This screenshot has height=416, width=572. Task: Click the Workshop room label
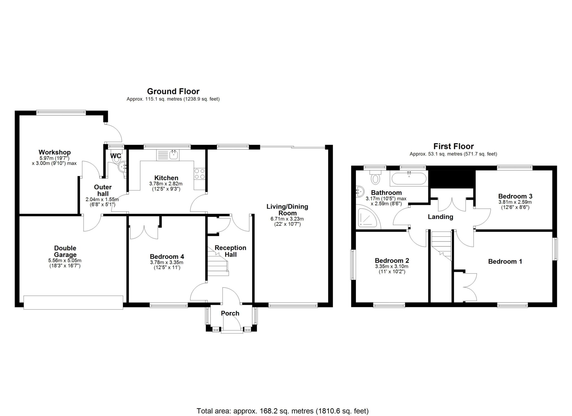(54, 152)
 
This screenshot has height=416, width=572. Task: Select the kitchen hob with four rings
(199, 174)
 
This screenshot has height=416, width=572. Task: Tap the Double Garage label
(65, 251)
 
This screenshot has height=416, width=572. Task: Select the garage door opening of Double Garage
(73, 302)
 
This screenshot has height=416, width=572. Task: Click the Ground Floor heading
(173, 91)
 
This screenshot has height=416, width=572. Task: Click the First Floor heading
(453, 146)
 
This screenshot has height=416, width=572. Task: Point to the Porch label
(230, 313)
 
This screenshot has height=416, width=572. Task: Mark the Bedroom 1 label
(505, 262)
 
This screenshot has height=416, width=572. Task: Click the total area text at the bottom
(282, 411)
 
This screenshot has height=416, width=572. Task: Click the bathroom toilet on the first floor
(375, 177)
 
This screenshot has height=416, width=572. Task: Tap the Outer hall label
(103, 190)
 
